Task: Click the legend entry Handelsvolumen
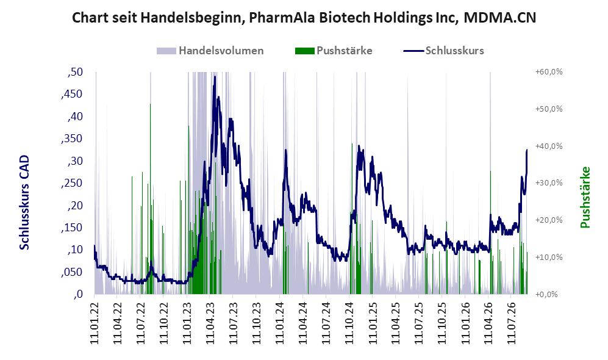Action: coord(210,51)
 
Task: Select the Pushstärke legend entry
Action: coord(334,51)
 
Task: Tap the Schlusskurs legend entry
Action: coord(443,51)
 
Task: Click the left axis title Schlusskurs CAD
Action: coord(24,203)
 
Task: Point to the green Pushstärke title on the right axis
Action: coord(585,198)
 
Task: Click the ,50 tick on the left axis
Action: coord(75,72)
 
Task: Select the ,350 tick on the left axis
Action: coord(72,139)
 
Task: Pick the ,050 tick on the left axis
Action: coord(72,272)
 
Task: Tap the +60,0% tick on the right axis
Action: coord(549,72)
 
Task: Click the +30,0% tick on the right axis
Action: coord(549,182)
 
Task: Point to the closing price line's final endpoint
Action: coord(527,149)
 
